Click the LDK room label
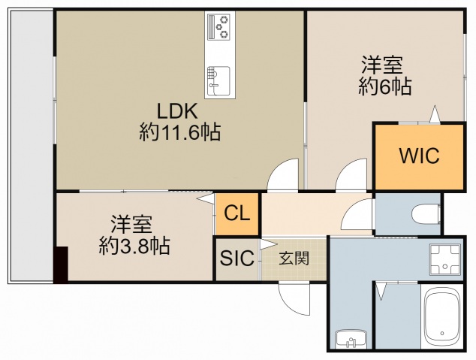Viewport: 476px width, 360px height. tap(178, 111)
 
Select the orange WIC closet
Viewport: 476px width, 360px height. tap(418, 157)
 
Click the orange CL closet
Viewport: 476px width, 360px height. tap(236, 213)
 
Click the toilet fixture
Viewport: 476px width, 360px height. tap(426, 213)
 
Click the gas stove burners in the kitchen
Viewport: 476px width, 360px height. tap(221, 29)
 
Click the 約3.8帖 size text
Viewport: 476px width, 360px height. tap(134, 245)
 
